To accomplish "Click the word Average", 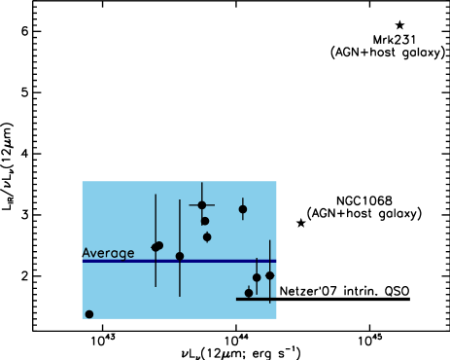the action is click(x=108, y=253).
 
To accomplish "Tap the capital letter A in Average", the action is click(x=87, y=253).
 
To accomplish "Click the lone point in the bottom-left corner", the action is click(x=89, y=314).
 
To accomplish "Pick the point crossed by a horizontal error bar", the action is click(x=202, y=205).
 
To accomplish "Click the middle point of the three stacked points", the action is click(x=205, y=221).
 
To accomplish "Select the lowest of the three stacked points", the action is click(x=207, y=236).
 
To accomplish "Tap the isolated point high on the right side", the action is click(x=243, y=209).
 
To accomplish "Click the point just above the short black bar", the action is click(x=249, y=292).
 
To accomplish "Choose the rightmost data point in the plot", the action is click(x=270, y=275).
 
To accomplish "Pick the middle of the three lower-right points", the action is click(x=257, y=277).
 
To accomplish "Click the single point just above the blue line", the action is click(x=180, y=256).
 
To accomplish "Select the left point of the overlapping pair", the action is click(x=155, y=247).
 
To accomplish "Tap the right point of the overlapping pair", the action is click(x=159, y=245).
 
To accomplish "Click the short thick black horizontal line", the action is click(x=257, y=299).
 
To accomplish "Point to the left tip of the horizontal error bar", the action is click(x=190, y=205).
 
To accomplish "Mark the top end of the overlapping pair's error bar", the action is click(x=156, y=195).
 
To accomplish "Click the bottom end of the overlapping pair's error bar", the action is click(x=156, y=286).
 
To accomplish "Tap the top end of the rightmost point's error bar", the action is click(x=270, y=240).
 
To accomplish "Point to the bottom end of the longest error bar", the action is click(x=180, y=296).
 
